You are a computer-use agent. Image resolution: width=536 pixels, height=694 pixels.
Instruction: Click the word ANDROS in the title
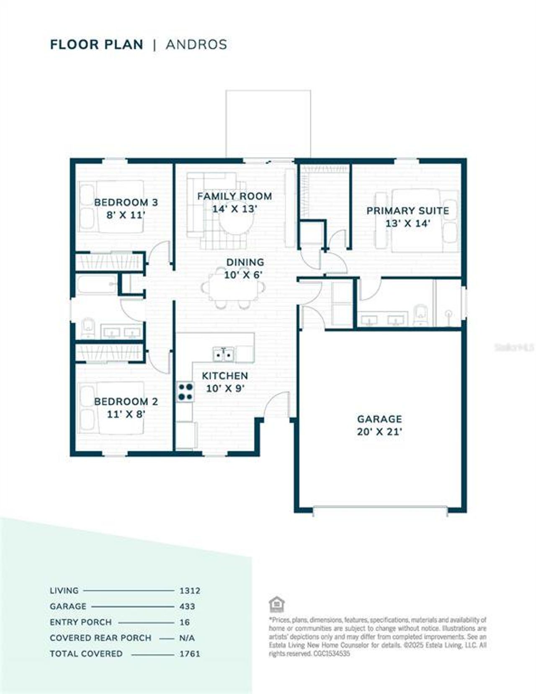point(196,44)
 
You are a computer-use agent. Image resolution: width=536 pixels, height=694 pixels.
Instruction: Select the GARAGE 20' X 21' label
point(379,425)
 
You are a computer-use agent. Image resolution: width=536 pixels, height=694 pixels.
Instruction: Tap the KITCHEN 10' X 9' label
point(225,382)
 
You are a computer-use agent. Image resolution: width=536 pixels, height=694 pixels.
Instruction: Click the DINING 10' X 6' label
point(245,268)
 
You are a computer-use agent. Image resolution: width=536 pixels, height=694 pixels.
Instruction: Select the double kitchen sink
point(223,355)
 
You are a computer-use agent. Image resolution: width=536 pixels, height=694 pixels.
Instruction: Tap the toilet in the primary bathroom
point(420,315)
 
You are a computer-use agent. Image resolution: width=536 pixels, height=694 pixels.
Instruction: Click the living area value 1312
point(190,591)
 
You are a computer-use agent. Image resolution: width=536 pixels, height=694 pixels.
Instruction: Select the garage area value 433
point(187,607)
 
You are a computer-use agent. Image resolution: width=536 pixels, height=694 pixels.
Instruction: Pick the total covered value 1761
point(190,654)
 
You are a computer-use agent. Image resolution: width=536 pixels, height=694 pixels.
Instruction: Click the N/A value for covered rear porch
point(187,638)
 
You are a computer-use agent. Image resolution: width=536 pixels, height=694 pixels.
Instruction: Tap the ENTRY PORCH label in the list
point(80,622)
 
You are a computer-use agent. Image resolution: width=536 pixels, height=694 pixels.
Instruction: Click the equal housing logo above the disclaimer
point(276,604)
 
